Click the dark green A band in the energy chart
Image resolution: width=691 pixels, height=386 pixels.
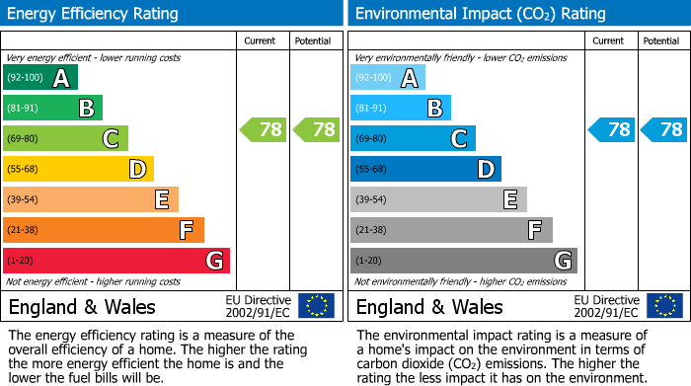[x=39, y=78]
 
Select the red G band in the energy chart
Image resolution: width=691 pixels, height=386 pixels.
[x=116, y=261]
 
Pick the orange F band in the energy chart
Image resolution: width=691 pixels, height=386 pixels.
[x=104, y=230]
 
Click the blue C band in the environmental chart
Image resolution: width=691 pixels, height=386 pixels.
[x=413, y=138]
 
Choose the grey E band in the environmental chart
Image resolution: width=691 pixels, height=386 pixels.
[x=438, y=199]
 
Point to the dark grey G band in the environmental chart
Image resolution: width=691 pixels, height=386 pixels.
[x=463, y=261]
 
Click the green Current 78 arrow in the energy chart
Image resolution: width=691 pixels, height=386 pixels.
[x=264, y=129]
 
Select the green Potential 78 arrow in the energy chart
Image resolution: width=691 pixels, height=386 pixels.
[x=316, y=129]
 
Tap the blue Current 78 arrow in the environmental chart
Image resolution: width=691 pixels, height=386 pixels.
[x=611, y=129]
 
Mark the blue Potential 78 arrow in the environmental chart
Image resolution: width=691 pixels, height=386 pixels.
[x=663, y=129]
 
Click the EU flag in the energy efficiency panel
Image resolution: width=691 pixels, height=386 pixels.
[x=317, y=306]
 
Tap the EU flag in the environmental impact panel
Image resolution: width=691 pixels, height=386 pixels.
[x=664, y=306]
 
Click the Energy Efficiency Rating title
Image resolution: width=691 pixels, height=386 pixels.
[x=94, y=14]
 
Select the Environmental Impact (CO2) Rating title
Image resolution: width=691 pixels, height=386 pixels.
[x=480, y=14]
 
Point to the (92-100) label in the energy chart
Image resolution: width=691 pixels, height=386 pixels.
[x=25, y=77]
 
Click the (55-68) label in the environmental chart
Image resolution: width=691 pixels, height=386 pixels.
[x=372, y=169]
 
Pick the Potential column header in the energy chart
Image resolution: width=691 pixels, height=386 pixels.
[x=313, y=40]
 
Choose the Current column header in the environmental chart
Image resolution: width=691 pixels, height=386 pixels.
[x=609, y=40]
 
